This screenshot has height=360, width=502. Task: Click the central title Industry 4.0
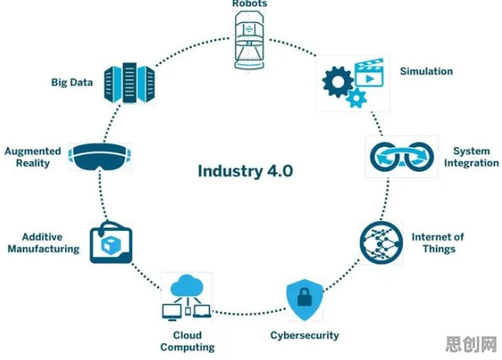[x=245, y=171]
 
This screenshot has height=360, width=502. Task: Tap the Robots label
[x=249, y=3]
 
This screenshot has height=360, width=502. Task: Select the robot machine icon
[x=249, y=40]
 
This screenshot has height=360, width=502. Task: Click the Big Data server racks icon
[x=130, y=83]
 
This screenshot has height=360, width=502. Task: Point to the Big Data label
[x=72, y=83]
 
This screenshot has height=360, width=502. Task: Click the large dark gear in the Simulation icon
[x=338, y=82]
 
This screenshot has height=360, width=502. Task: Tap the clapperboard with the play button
[x=370, y=73]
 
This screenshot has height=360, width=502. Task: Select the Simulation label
[x=426, y=71]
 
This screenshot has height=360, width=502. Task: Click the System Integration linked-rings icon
[x=402, y=157]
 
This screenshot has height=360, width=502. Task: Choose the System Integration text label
[x=472, y=157]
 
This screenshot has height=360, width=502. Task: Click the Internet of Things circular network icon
[x=382, y=243]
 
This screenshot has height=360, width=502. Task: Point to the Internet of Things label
[x=438, y=243]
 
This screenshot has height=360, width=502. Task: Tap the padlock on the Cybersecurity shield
[x=304, y=297]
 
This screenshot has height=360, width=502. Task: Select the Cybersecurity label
[x=304, y=336]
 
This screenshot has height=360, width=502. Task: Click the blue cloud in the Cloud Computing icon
[x=187, y=286]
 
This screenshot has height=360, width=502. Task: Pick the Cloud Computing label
[x=188, y=341]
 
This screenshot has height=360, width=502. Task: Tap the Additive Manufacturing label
[x=44, y=243]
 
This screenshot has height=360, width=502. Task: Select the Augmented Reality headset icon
[x=99, y=157]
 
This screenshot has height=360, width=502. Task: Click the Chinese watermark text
[x=471, y=344]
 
